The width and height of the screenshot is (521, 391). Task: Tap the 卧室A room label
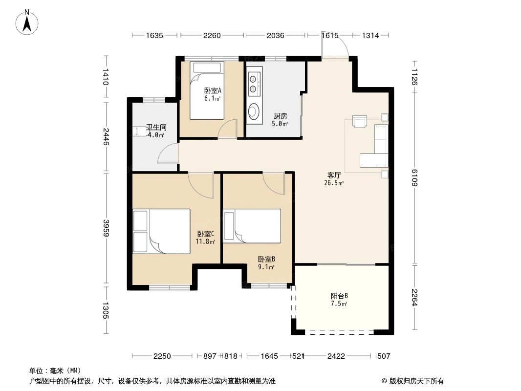pyautogui.click(x=213, y=90)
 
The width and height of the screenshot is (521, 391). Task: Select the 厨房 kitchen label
pyautogui.click(x=280, y=116)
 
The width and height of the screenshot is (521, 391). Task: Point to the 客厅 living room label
pyautogui.click(x=334, y=175)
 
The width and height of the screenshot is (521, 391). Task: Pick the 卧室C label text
pyautogui.click(x=206, y=234)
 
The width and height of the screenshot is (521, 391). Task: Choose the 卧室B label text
pyautogui.click(x=266, y=259)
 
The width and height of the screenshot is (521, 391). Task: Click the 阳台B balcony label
pyautogui.click(x=339, y=296)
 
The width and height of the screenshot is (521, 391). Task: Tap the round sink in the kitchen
pyautogui.click(x=254, y=111)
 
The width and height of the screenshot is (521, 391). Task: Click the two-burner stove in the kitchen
pyautogui.click(x=254, y=83)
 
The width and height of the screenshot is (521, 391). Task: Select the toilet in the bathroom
pyautogui.click(x=139, y=130)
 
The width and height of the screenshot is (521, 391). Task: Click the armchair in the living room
pyautogui.click(x=360, y=121)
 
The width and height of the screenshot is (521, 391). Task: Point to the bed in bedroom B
pyautogui.click(x=252, y=225)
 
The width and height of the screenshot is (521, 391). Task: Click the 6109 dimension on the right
pyautogui.click(x=414, y=177)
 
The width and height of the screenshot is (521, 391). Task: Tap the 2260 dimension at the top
pyautogui.click(x=212, y=35)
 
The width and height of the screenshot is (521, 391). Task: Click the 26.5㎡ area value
pyautogui.click(x=334, y=184)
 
